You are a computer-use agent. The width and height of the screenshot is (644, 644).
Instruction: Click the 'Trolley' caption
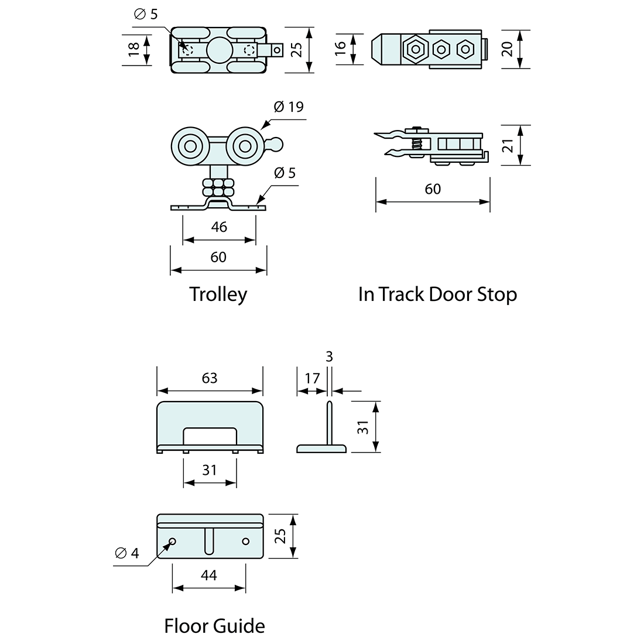point(218,294)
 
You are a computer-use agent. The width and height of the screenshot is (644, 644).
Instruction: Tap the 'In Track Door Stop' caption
point(437,294)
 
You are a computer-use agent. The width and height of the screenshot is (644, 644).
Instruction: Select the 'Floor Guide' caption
point(214,626)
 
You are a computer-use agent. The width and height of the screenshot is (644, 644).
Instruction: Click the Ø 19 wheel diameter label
point(289,107)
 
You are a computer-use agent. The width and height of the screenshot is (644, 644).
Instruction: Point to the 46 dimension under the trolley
point(219,227)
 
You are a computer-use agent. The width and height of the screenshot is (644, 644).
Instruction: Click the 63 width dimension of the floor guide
point(209,378)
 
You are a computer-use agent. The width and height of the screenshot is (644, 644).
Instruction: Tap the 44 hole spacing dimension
point(208,576)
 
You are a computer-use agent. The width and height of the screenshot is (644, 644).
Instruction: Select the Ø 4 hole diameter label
point(126,553)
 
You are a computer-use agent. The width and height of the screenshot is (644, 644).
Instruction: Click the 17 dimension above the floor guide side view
point(312,378)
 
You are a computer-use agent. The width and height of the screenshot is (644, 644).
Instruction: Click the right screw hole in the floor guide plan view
point(245,540)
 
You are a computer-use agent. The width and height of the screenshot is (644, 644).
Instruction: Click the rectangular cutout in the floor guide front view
point(210,436)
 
